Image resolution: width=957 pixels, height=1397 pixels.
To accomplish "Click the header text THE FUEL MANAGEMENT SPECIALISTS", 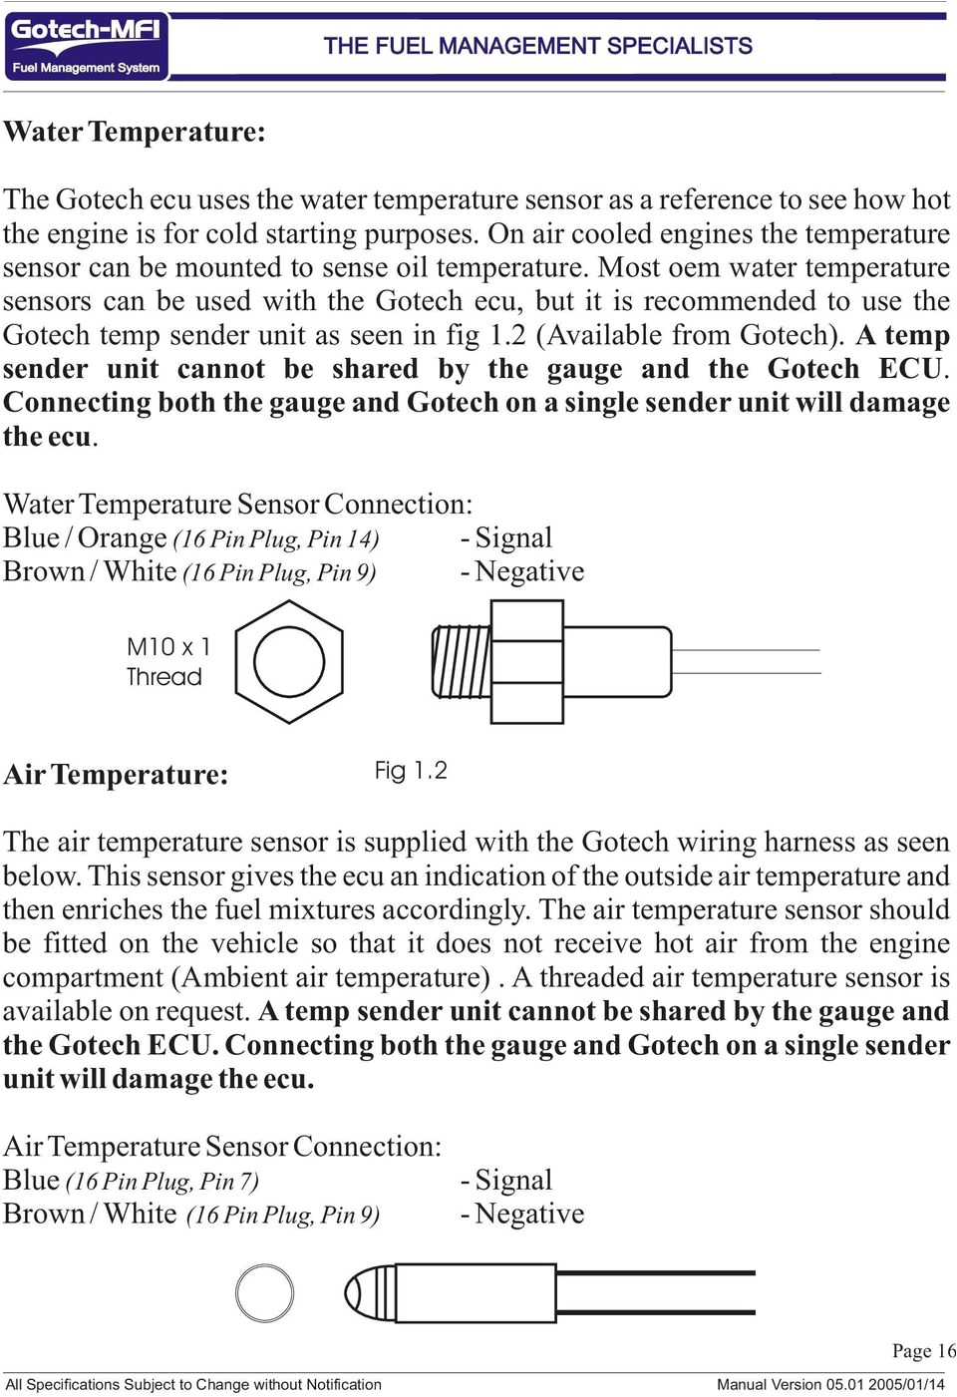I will tap(537, 46).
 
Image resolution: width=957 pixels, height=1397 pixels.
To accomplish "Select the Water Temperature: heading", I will tap(135, 132).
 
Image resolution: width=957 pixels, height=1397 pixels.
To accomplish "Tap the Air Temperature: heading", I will tap(116, 774).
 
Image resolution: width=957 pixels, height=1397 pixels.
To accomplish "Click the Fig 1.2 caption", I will tap(411, 770).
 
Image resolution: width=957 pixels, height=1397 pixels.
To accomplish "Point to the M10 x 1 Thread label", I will tap(166, 661).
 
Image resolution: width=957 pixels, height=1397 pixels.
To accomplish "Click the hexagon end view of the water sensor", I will tap(289, 662).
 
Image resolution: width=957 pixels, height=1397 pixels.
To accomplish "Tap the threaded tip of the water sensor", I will tap(461, 662).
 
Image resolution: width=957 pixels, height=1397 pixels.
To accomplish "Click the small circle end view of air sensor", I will tap(264, 1293).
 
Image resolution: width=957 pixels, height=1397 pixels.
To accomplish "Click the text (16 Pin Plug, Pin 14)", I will tap(276, 539).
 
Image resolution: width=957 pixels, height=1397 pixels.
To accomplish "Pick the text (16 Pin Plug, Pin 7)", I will tap(162, 1182).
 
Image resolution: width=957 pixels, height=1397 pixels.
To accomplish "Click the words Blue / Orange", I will tap(85, 538).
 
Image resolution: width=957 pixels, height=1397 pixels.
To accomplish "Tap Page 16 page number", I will tap(923, 1351).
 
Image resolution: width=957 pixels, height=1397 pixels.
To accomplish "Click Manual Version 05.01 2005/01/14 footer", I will tap(830, 1384).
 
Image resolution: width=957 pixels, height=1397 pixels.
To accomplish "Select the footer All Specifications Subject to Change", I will tap(193, 1384).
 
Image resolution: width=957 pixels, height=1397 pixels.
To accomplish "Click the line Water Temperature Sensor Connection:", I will tap(237, 505).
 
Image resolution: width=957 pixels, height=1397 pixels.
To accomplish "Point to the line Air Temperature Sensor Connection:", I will tap(221, 1147).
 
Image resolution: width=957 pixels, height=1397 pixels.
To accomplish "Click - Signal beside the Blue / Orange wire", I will tap(506, 538).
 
